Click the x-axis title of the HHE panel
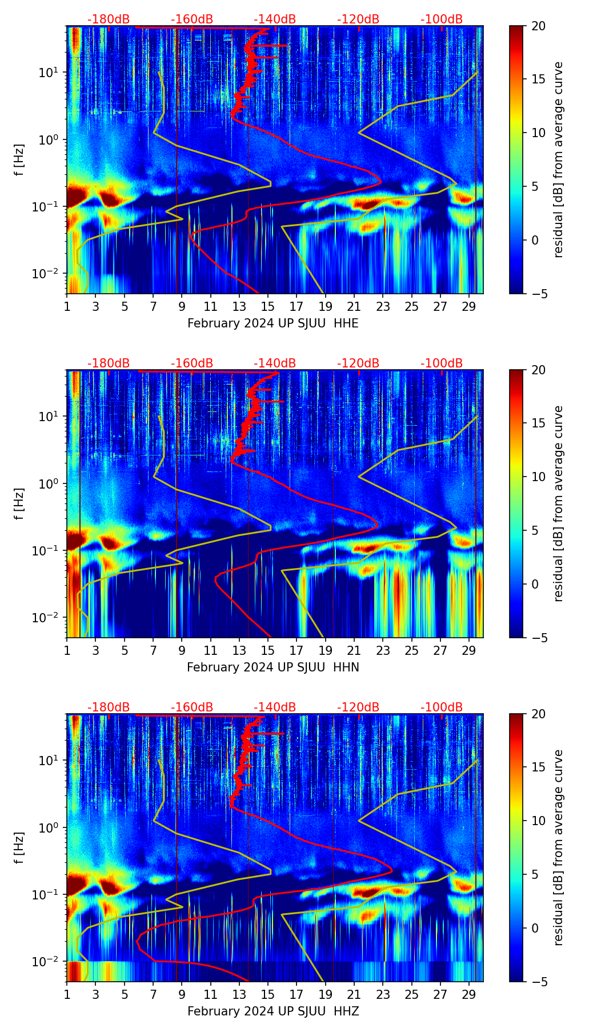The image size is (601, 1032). [x=273, y=323]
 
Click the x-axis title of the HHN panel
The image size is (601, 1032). [x=273, y=667]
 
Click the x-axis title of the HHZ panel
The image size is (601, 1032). [x=273, y=1011]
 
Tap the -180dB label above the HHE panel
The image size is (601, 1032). [x=109, y=19]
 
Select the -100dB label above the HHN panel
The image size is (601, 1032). [x=442, y=363]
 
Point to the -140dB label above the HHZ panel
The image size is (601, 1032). [x=275, y=707]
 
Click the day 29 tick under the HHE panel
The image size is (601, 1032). [x=469, y=306]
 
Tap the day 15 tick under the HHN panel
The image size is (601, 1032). [x=268, y=650]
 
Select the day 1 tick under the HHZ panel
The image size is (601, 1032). [x=67, y=994]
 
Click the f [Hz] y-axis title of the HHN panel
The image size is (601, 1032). [x=19, y=503]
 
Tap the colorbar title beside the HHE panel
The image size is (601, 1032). [x=559, y=159]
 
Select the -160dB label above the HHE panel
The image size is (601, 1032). [x=192, y=19]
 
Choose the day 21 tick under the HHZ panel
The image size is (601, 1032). [x=354, y=994]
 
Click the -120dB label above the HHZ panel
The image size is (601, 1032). [x=358, y=707]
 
